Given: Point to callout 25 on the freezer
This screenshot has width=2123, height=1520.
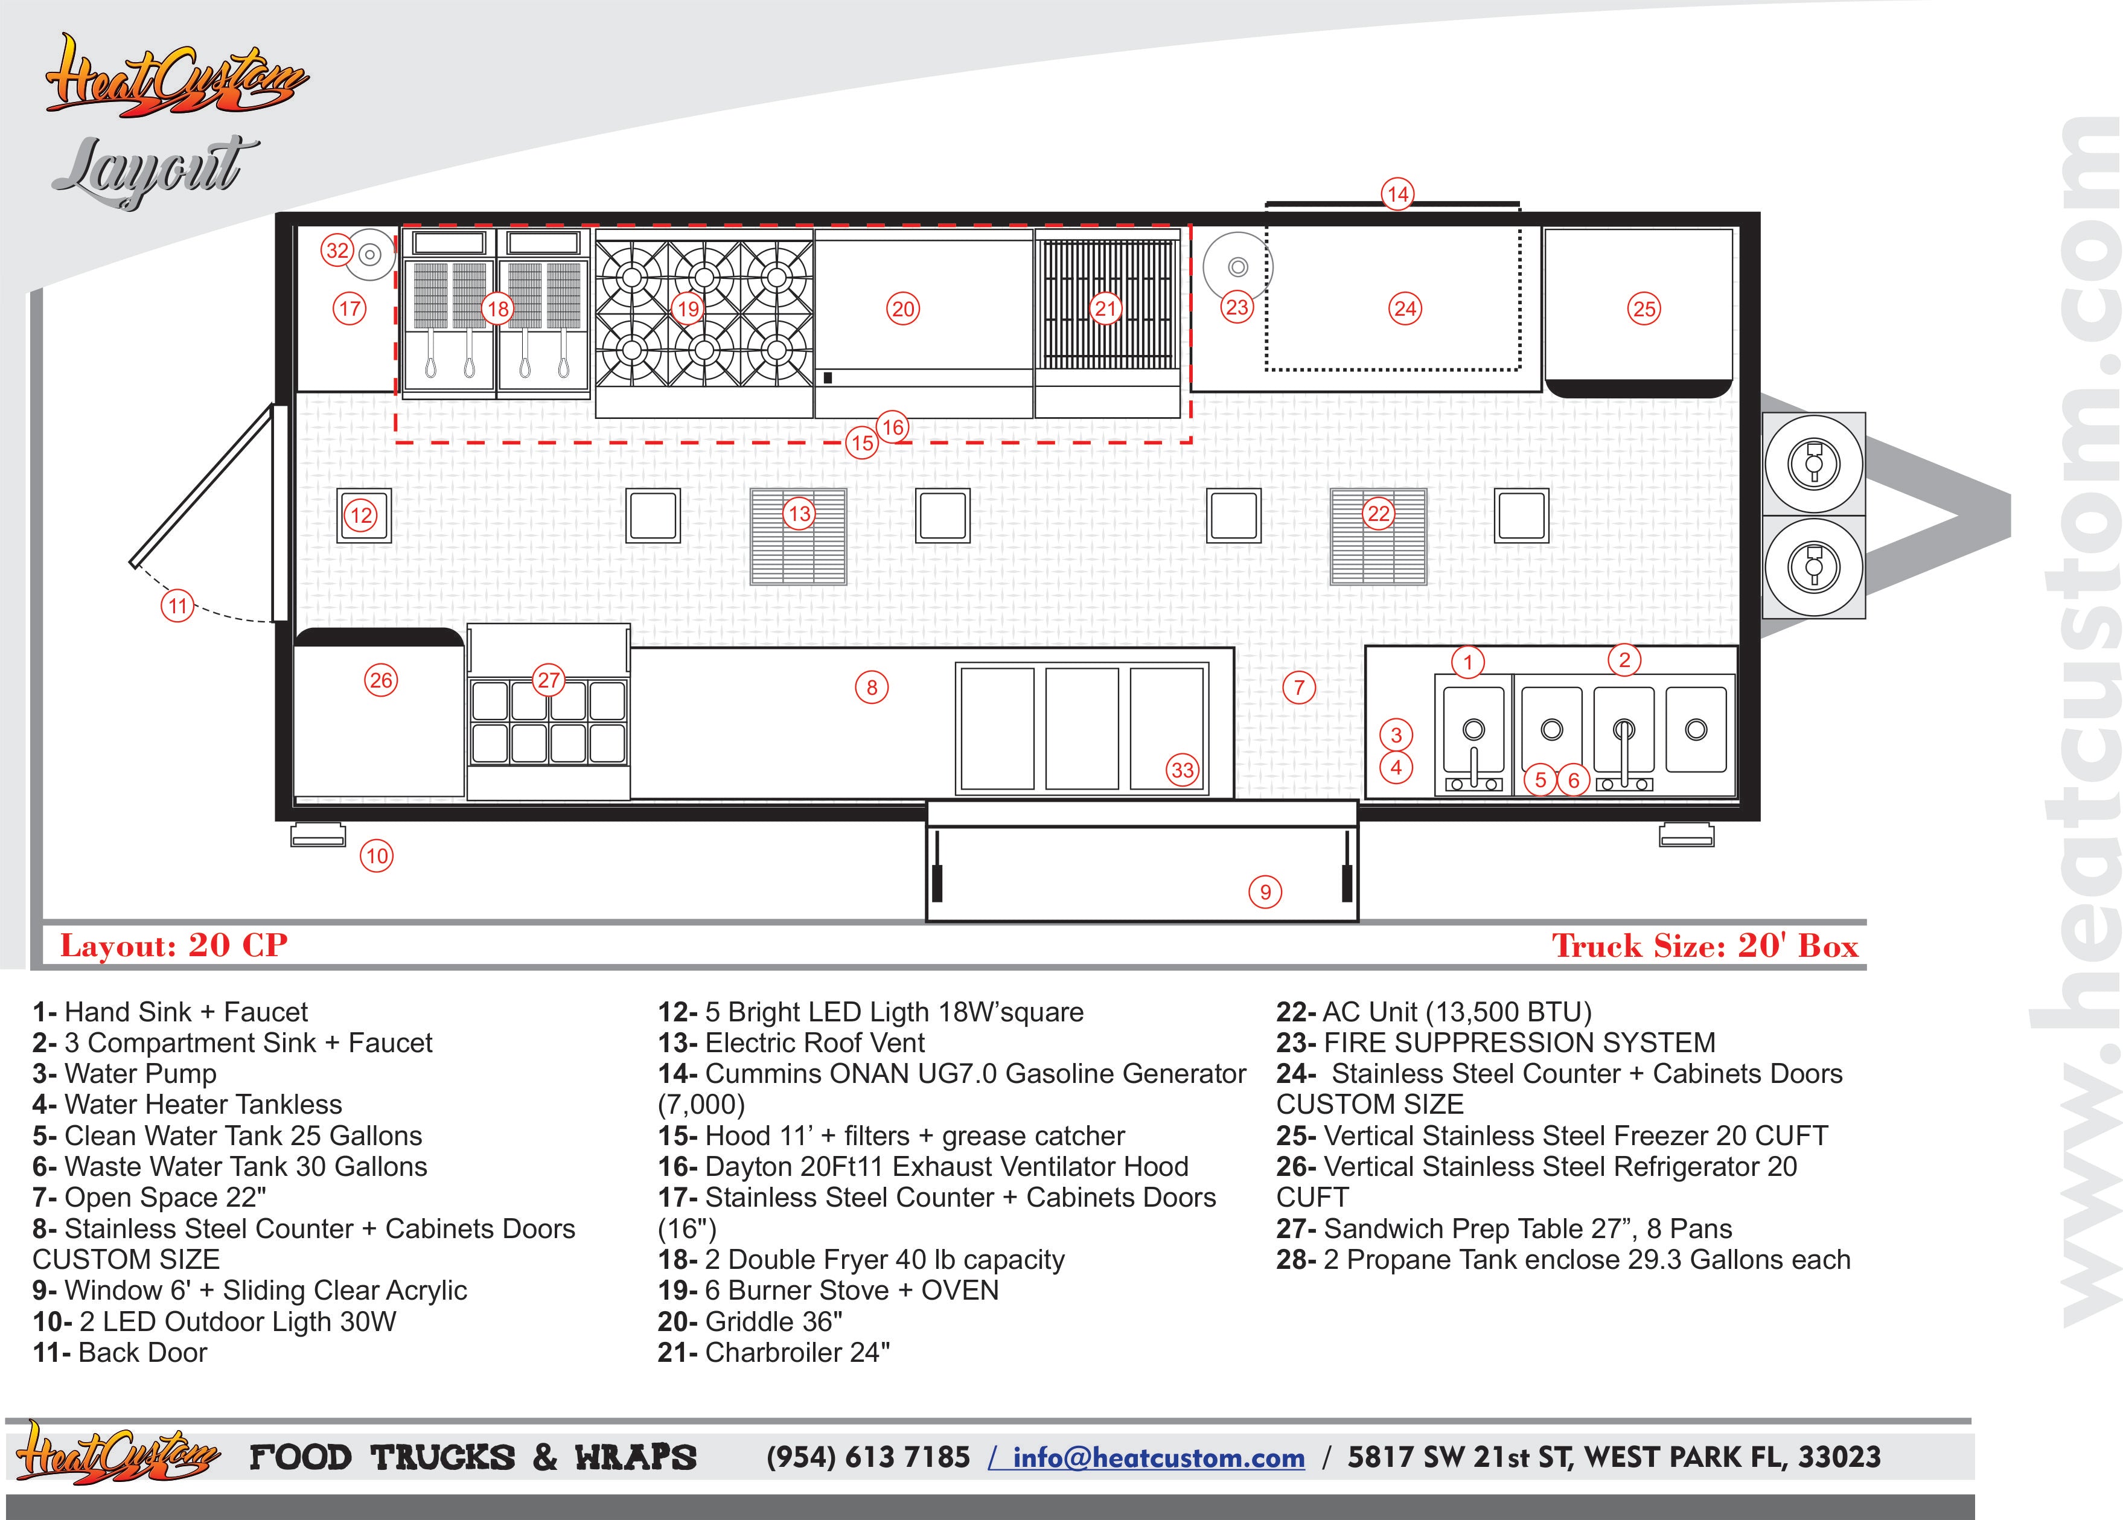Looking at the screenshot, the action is pyautogui.click(x=1644, y=309).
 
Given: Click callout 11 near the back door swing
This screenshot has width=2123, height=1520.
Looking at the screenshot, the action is pyautogui.click(x=178, y=605).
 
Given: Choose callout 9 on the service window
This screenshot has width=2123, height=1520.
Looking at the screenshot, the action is pyautogui.click(x=1265, y=892).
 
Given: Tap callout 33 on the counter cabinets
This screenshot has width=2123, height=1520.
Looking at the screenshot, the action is pyautogui.click(x=1183, y=770).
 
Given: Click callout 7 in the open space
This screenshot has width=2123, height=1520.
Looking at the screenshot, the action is pyautogui.click(x=1298, y=688).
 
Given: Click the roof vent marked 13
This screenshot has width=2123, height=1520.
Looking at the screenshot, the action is pyautogui.click(x=798, y=537).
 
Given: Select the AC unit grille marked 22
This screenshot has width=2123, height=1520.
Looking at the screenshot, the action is pyautogui.click(x=1378, y=537).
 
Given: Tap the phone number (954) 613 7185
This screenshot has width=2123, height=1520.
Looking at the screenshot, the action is pyautogui.click(x=868, y=1457).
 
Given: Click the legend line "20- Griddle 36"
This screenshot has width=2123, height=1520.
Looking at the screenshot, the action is pyautogui.click(x=750, y=1321).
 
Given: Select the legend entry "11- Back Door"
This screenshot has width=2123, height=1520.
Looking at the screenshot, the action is pyautogui.click(x=120, y=1352).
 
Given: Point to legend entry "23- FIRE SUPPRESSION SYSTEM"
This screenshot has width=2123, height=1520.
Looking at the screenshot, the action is pyautogui.click(x=1495, y=1043).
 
